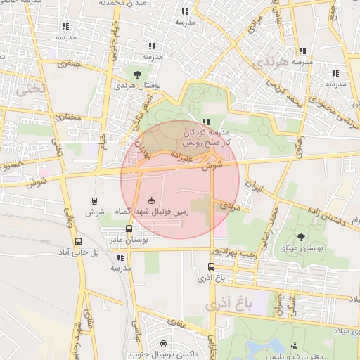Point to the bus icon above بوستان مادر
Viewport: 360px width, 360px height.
(x=128, y=229)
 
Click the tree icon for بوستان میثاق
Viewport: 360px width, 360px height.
(x=302, y=237)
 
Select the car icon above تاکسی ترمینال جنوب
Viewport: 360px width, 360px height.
(x=164, y=344)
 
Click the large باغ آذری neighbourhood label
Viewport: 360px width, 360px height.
(x=229, y=304)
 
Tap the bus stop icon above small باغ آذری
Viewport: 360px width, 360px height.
(x=211, y=266)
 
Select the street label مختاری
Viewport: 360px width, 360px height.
(x=68, y=117)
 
